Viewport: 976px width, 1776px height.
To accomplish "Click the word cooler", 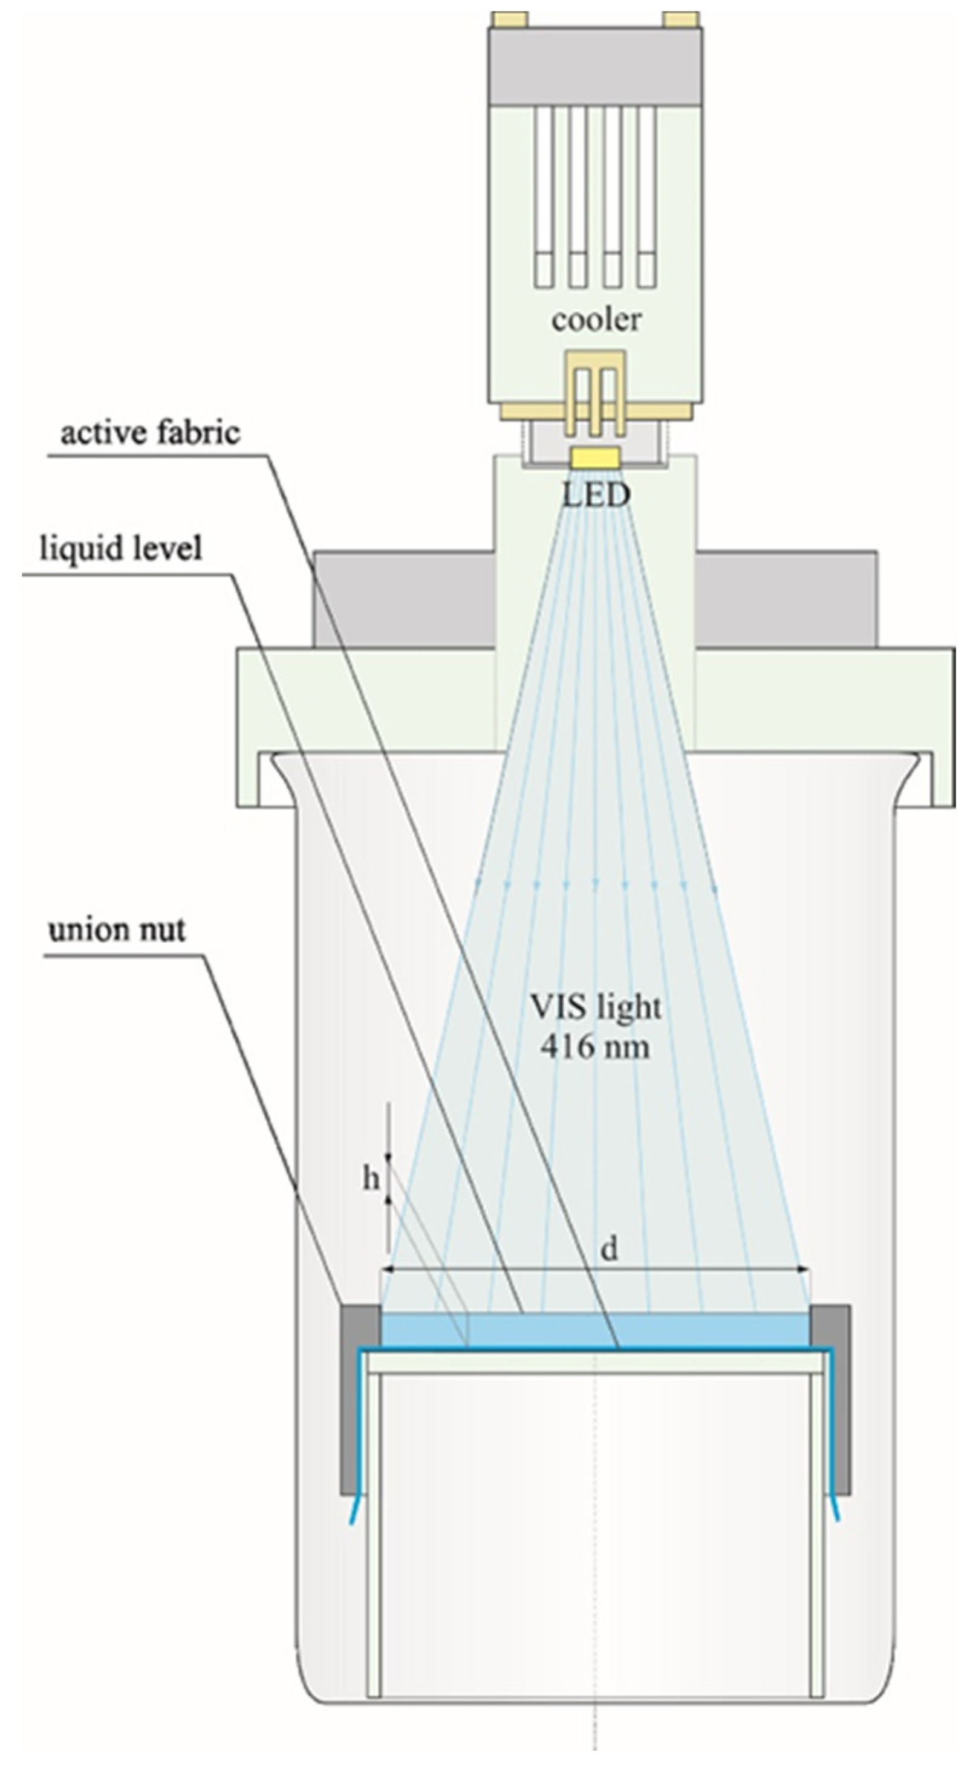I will [596, 319].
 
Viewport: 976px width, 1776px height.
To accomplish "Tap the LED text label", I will [596, 495].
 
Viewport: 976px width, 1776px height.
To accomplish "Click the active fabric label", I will [151, 433].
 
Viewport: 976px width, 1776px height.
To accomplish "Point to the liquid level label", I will [122, 549].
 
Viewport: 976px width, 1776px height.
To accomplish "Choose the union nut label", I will [117, 930].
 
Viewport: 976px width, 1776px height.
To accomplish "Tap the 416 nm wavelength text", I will [594, 1047].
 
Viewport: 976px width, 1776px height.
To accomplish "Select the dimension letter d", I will [608, 1248].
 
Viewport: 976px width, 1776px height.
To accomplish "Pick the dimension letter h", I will [371, 1180].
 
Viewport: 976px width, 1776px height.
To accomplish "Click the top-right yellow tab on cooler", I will [681, 19].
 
